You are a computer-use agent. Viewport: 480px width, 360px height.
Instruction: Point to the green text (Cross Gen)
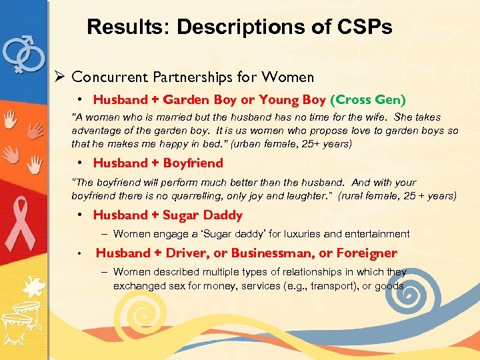pyautogui.click(x=367, y=100)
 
